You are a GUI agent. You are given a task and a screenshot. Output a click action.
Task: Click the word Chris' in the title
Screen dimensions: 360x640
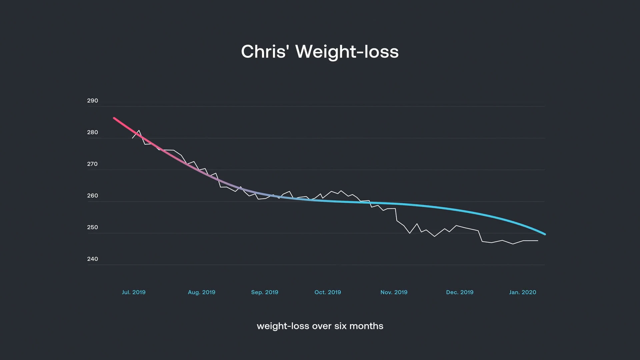click(x=263, y=52)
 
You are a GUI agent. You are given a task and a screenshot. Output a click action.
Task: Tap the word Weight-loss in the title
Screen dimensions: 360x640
click(x=347, y=52)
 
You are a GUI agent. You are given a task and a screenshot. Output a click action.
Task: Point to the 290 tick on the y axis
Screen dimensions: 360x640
click(x=93, y=101)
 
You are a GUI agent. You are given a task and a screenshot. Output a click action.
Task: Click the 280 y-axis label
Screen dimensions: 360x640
click(x=93, y=132)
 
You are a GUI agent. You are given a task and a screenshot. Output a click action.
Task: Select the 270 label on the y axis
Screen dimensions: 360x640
click(x=93, y=164)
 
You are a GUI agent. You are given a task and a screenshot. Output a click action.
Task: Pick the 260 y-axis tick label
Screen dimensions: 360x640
click(x=93, y=196)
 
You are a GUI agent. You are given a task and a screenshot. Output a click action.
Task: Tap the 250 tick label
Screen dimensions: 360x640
click(x=93, y=227)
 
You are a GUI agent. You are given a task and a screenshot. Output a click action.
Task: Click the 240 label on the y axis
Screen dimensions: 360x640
click(x=93, y=259)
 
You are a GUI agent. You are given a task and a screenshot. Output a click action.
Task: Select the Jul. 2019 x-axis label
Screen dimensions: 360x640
click(x=134, y=292)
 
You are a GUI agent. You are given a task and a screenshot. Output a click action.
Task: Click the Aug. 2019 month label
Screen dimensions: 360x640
click(x=202, y=292)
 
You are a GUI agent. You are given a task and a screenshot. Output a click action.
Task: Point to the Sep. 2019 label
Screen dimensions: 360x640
click(x=265, y=292)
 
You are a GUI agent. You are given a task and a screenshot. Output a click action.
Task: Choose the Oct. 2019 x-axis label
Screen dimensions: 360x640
click(x=328, y=292)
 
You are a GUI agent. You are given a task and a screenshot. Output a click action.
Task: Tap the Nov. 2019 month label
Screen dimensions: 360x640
click(x=394, y=292)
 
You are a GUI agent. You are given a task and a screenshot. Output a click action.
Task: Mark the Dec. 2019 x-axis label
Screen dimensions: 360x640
click(x=460, y=292)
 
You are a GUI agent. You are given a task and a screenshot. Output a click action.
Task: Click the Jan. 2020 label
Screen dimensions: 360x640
click(x=523, y=292)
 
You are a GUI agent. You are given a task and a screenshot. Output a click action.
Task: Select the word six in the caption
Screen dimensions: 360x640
click(x=340, y=326)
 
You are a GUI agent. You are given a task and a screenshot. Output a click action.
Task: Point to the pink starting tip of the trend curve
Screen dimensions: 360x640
click(x=114, y=118)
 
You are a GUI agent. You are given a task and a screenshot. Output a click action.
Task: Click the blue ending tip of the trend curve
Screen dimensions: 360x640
click(x=545, y=234)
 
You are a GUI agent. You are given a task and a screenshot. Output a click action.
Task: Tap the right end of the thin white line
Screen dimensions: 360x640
click(x=537, y=241)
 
